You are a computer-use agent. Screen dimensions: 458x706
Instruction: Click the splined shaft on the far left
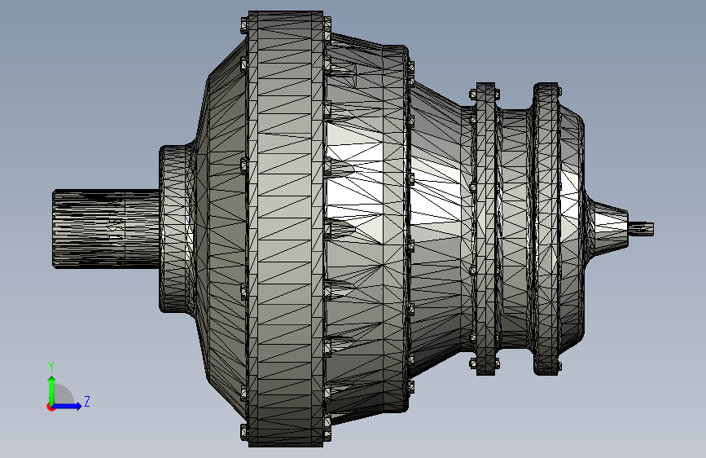(x=104, y=228)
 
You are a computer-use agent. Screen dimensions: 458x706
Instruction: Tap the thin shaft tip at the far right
(x=642, y=228)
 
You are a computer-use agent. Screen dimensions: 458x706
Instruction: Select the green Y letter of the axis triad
(x=51, y=366)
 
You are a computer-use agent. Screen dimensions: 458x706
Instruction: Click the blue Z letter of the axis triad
(x=86, y=402)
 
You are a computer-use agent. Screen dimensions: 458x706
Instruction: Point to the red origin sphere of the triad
(x=51, y=406)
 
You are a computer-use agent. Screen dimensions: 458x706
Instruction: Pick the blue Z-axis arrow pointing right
(x=72, y=405)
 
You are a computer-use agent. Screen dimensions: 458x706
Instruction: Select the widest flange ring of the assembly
(x=285, y=228)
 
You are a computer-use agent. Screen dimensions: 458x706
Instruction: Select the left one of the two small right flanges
(x=486, y=228)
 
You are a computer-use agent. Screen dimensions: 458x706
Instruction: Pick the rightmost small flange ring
(x=546, y=228)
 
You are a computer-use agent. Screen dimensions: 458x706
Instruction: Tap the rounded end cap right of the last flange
(x=573, y=228)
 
